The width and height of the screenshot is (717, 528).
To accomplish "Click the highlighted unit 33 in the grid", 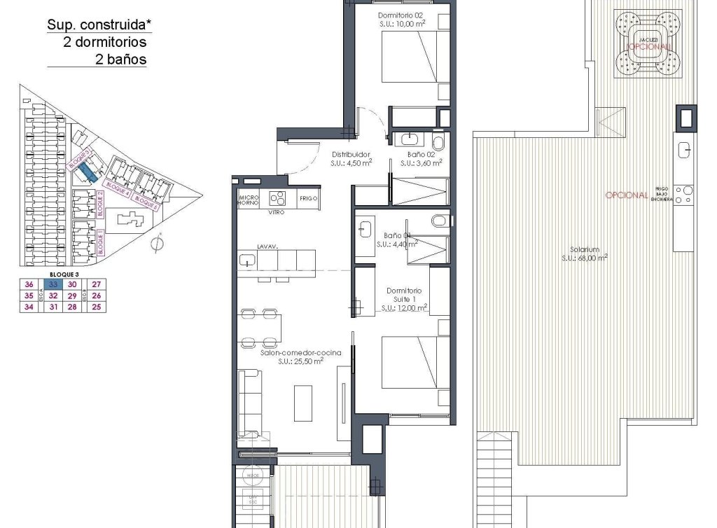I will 52,284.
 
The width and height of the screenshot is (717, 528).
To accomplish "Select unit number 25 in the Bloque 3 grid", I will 97,307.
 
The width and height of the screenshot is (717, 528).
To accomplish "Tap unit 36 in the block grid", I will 29,284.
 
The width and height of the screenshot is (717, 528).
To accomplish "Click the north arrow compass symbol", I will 158,243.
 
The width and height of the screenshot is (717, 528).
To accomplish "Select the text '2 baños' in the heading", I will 120,60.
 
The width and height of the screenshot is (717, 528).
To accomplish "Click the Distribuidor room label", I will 350,155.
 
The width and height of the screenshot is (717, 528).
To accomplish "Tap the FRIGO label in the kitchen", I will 309,199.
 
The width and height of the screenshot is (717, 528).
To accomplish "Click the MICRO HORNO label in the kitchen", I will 250,199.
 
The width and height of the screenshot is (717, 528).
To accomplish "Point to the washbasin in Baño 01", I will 366,228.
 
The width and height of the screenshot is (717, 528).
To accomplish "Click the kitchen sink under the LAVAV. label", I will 248,260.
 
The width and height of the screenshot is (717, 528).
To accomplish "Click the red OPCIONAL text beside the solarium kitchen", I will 626,195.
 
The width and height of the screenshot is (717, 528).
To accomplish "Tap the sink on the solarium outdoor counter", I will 684,148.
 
